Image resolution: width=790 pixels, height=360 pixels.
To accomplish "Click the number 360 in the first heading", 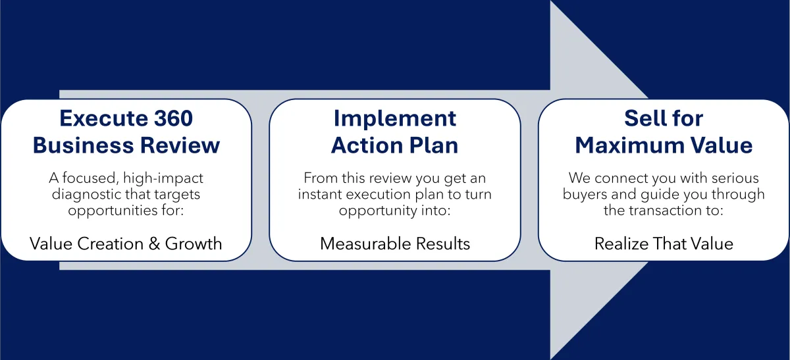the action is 173,118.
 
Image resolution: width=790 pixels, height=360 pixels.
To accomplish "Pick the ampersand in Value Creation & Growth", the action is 154,244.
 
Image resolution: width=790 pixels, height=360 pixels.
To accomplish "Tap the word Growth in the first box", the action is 194,244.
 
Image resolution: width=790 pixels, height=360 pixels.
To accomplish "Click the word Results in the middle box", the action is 442,244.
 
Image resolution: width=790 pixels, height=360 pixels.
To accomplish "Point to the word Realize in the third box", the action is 621,244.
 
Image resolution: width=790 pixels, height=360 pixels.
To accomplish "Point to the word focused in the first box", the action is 90,178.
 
